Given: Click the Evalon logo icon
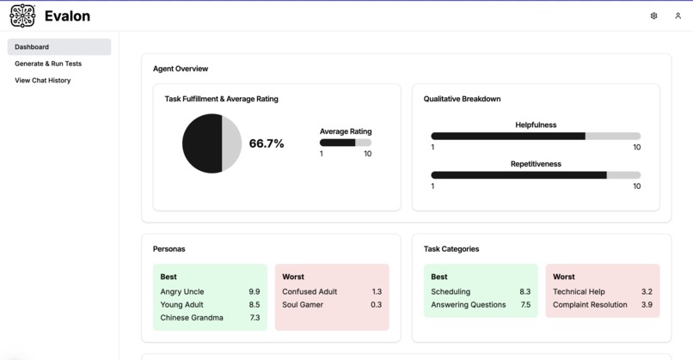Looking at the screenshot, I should click(x=22, y=15).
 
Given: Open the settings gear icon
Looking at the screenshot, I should click(x=653, y=15).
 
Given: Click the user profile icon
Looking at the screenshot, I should click(x=678, y=15).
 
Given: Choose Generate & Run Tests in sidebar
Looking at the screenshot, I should click(x=48, y=64).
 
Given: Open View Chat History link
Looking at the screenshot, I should click(x=43, y=81).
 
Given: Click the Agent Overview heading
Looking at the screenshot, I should click(x=181, y=69).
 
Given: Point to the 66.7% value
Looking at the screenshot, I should click(x=267, y=143).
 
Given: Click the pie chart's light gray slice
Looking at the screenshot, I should click(x=232, y=143).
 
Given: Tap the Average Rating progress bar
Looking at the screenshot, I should click(x=346, y=143).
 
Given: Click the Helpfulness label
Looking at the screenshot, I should click(x=536, y=125).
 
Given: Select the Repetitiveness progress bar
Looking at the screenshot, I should click(x=536, y=175).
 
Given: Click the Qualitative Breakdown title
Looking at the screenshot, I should click(x=462, y=99).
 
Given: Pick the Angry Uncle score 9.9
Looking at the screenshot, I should click(x=254, y=292).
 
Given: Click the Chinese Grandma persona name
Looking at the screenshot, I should click(x=192, y=318).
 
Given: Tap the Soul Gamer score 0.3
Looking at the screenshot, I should click(x=376, y=305).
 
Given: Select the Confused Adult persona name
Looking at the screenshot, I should click(x=310, y=292).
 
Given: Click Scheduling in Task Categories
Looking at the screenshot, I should click(x=451, y=292).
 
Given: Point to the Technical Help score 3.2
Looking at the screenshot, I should click(x=647, y=292).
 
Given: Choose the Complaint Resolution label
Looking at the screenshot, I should click(x=590, y=305).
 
